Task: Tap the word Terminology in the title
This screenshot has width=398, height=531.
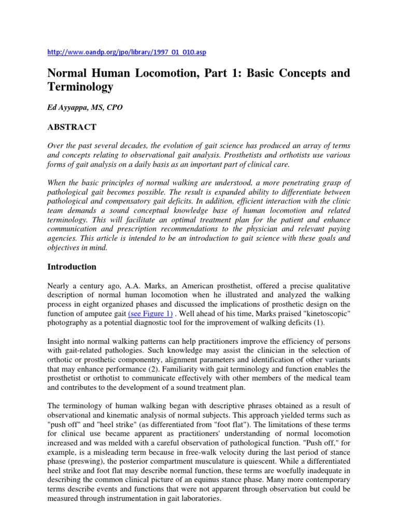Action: [x=80, y=87]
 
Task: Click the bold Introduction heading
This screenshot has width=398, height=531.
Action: [x=72, y=267]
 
